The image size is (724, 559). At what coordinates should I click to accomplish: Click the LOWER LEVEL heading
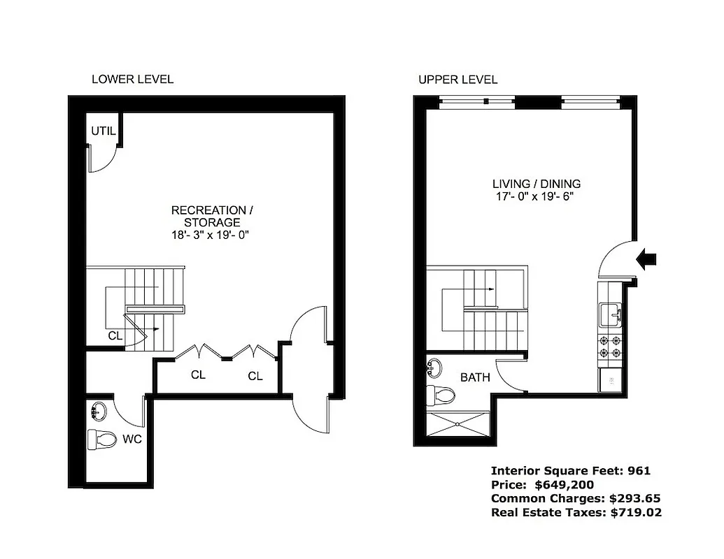coord(132,80)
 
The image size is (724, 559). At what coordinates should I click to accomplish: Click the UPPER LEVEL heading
coord(458,80)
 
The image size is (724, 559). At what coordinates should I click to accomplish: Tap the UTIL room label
coord(103,131)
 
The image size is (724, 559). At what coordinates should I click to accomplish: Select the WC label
coord(132,440)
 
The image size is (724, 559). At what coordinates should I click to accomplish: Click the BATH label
coord(475,377)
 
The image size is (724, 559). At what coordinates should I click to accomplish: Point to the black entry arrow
coord(648,259)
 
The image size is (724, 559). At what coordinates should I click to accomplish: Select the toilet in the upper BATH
coord(442,395)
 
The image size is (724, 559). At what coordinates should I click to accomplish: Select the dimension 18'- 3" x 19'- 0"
coord(210,235)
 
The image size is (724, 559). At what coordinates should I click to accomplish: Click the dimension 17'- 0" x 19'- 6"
coord(536,197)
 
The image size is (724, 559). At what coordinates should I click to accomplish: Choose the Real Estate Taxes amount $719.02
coord(636,513)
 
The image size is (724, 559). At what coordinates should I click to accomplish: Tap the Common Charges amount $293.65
coord(635,499)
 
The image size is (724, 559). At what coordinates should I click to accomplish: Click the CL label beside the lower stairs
coord(115,336)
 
